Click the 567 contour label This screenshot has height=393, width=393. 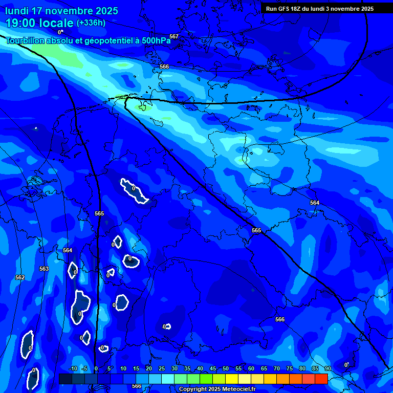[x=174, y=36]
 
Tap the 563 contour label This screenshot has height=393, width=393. [x=44, y=269]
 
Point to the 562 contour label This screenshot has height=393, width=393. [x=20, y=277]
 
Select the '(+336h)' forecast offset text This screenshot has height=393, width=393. [x=91, y=23]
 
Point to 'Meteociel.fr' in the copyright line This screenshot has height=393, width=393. [x=239, y=389]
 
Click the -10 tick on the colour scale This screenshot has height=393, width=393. [x=73, y=369]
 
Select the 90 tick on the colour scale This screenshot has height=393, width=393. [x=327, y=369]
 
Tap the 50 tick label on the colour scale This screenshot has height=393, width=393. [x=225, y=369]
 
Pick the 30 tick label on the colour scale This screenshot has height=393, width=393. [x=174, y=369]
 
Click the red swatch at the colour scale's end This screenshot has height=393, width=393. [x=321, y=379]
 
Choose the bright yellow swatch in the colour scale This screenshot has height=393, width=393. [x=231, y=379]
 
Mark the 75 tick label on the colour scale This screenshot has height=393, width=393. [x=289, y=369]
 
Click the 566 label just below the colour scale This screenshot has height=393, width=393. [x=136, y=386]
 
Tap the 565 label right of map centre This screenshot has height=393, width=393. [x=256, y=230]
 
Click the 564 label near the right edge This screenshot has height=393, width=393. [x=315, y=203]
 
